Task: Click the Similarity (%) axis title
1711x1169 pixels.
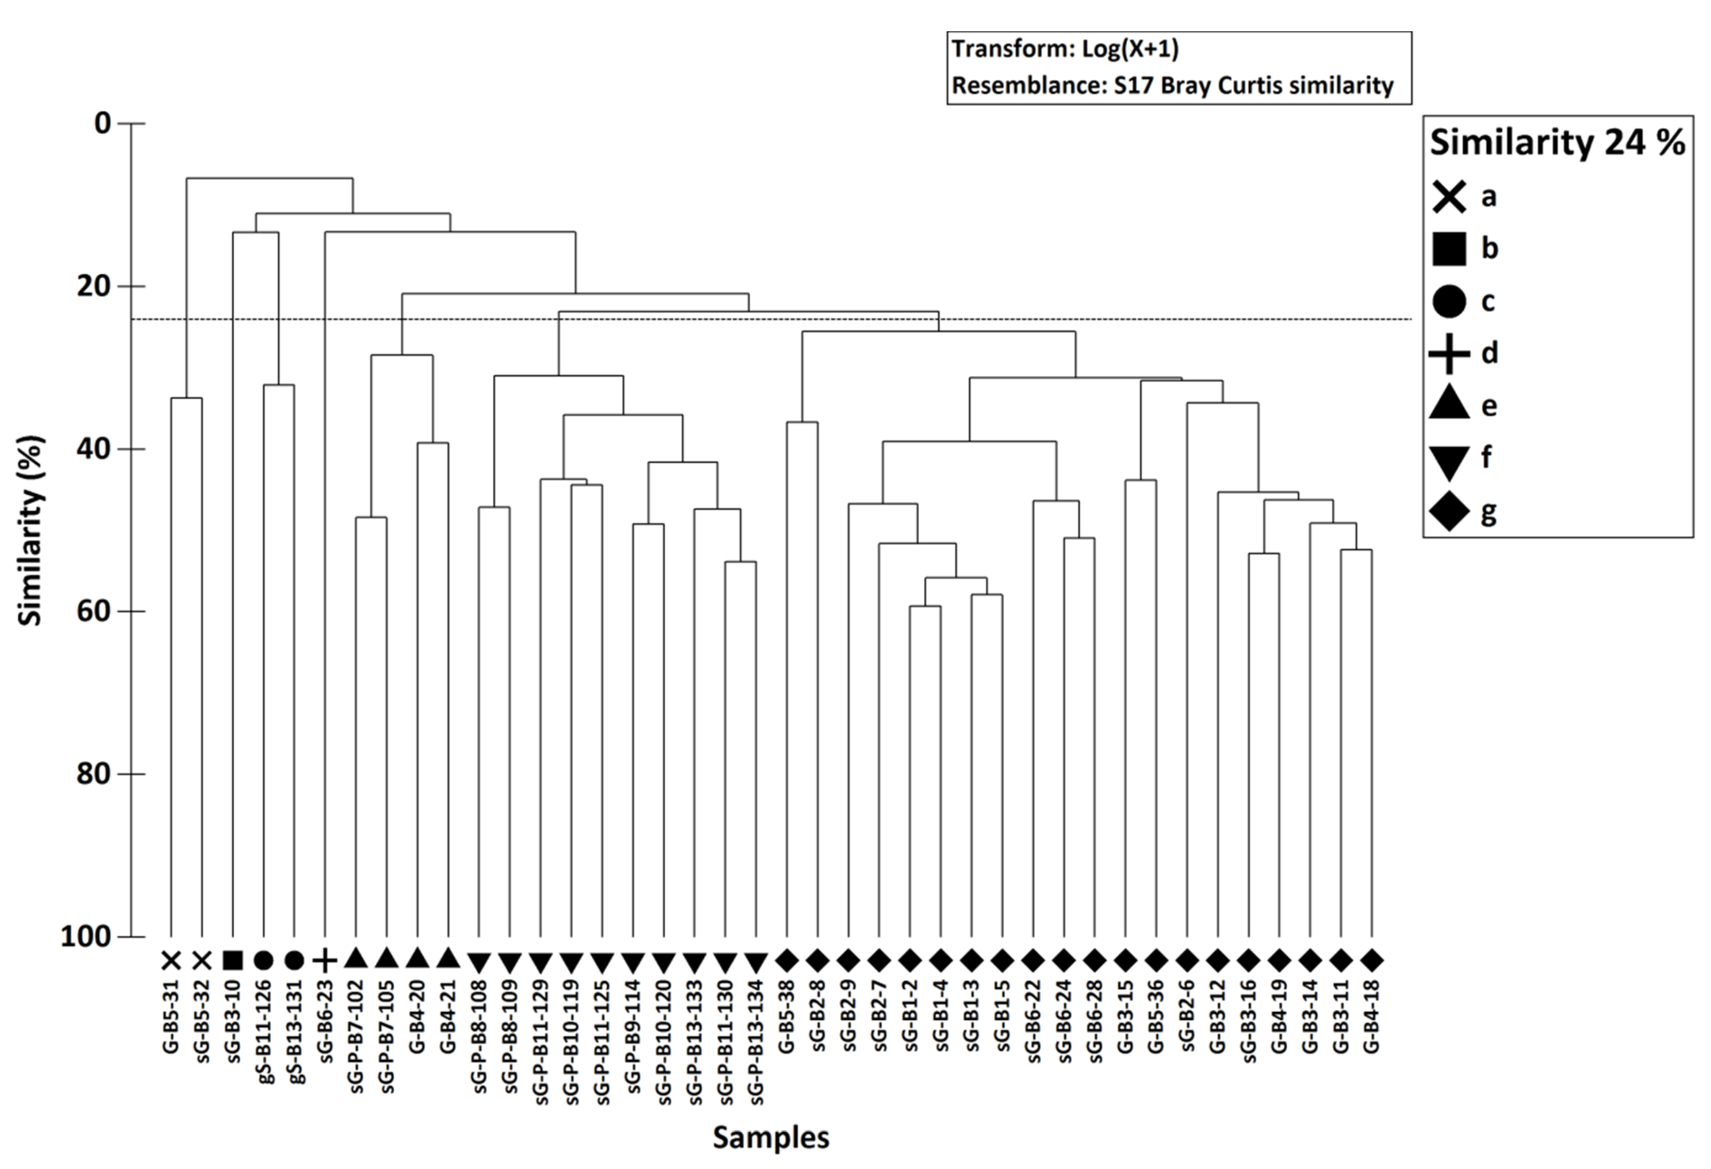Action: click(x=30, y=530)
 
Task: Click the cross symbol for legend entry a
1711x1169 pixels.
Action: click(x=1449, y=197)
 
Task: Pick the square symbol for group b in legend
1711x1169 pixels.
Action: click(x=1449, y=249)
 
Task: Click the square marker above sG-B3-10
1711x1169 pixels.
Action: click(x=232, y=960)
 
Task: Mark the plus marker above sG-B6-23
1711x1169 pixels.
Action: click(x=325, y=960)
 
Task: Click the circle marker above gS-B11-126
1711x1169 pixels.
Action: click(x=264, y=960)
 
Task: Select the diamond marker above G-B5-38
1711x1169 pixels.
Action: click(x=787, y=960)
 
